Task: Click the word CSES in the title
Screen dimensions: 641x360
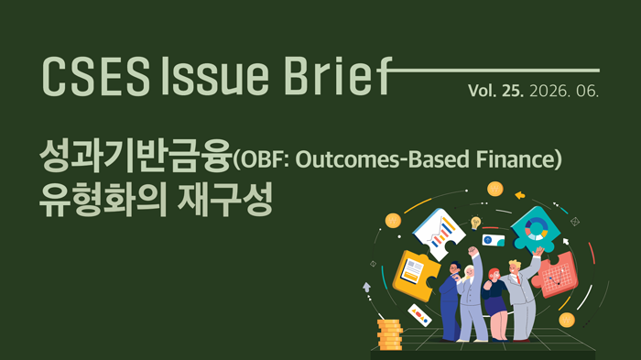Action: point(96,76)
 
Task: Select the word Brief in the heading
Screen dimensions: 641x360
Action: point(338,76)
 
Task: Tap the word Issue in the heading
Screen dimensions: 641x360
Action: point(215,76)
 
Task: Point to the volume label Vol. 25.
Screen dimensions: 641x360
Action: point(495,91)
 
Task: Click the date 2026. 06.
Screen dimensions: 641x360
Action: point(564,91)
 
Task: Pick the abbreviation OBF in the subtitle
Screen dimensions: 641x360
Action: point(262,159)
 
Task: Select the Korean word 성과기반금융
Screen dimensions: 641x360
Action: point(136,156)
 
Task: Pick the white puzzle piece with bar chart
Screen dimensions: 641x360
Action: point(439,234)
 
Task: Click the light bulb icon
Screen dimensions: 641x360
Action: point(475,224)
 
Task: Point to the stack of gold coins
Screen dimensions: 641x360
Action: point(389,334)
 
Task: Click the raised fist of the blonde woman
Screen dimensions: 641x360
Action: point(473,251)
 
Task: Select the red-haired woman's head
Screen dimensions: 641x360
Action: point(494,275)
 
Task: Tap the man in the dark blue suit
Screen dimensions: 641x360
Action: point(450,302)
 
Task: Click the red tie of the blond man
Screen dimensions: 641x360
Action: point(518,279)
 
